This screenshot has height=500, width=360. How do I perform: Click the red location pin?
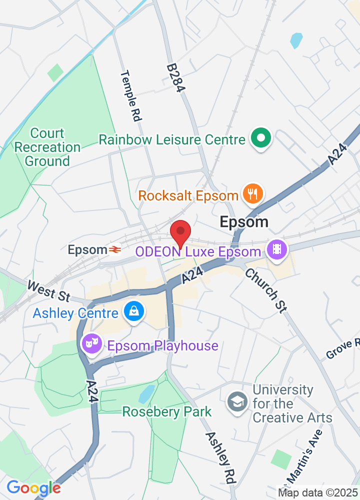(180, 232)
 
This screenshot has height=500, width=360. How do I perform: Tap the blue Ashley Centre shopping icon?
(134, 311)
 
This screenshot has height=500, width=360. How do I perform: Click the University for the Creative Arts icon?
(237, 401)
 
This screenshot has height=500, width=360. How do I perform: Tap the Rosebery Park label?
(167, 412)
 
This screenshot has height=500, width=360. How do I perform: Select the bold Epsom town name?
(244, 222)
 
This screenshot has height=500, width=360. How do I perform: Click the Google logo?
(33, 487)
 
